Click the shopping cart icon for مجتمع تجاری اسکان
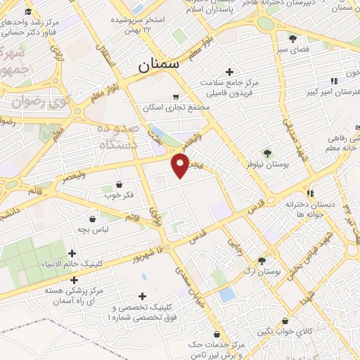point(175,97)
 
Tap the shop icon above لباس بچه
point(92,219)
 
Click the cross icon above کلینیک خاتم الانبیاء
point(72,253)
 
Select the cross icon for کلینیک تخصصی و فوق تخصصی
point(143,297)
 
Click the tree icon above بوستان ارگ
point(262,259)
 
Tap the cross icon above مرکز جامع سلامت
point(229,72)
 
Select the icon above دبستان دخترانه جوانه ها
point(309,193)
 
